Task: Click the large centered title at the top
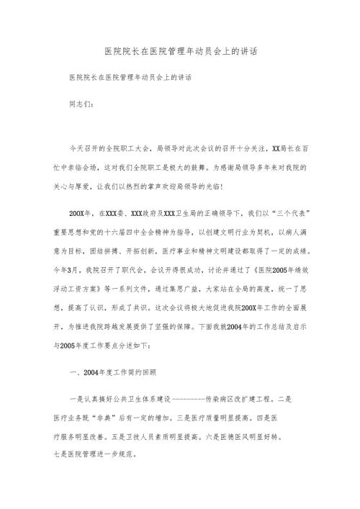[x=180, y=53]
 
